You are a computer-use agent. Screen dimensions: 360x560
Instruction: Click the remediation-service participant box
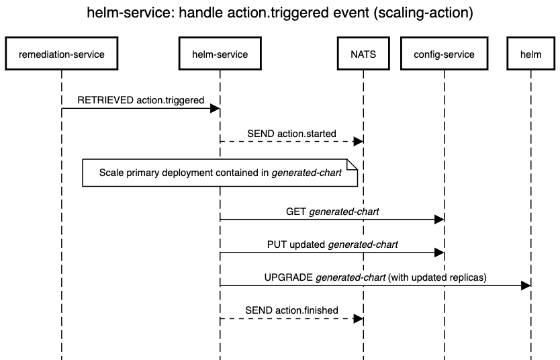pyautogui.click(x=62, y=54)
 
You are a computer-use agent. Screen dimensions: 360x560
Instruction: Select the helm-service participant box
pyautogui.click(x=220, y=54)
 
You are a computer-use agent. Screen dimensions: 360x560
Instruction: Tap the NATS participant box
pyautogui.click(x=363, y=54)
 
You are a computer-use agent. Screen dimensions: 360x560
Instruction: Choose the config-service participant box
pyautogui.click(x=443, y=54)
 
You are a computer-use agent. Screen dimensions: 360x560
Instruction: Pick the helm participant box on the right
pyautogui.click(x=530, y=54)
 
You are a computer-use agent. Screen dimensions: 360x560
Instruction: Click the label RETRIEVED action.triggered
pyautogui.click(x=141, y=99)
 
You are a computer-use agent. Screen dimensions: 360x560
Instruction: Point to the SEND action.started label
pyautogui.click(x=291, y=134)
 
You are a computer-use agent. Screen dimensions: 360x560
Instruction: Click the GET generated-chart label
pyautogui.click(x=332, y=211)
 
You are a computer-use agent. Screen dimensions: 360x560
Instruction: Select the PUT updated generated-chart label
pyautogui.click(x=332, y=244)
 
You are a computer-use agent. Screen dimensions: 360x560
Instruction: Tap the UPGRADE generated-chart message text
pyautogui.click(x=375, y=277)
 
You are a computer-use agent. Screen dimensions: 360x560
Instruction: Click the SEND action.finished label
pyautogui.click(x=291, y=310)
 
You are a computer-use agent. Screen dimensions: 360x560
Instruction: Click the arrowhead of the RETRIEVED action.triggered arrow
pyautogui.click(x=216, y=108)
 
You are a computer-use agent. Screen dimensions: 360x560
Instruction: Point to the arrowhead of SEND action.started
pyautogui.click(x=359, y=142)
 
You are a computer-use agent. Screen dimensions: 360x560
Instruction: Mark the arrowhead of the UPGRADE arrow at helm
pyautogui.click(x=526, y=285)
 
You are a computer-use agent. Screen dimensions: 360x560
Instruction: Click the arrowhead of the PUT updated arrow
pyautogui.click(x=439, y=253)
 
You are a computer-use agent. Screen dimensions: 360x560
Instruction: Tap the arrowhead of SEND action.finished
pyautogui.click(x=359, y=318)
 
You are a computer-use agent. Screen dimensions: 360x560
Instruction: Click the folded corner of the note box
pyautogui.click(x=353, y=164)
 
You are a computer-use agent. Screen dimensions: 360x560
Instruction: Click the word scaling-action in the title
pyautogui.click(x=434, y=14)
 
